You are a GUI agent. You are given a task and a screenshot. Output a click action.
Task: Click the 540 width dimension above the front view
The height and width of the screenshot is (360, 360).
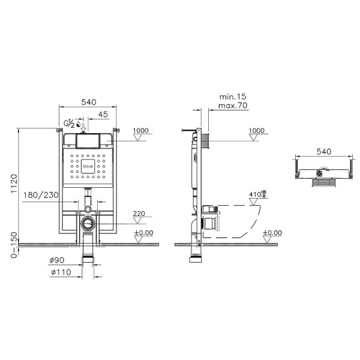point(88,102)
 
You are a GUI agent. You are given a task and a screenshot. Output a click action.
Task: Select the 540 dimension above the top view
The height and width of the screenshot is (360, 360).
point(323,152)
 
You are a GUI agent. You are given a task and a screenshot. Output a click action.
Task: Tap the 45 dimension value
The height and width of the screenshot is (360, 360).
point(103,114)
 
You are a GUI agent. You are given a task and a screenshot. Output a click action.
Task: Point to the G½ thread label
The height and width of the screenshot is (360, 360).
point(70,123)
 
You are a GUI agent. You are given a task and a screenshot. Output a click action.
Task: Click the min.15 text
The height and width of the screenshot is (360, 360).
point(233,96)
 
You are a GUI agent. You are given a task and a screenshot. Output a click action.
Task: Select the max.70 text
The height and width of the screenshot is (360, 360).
point(233,106)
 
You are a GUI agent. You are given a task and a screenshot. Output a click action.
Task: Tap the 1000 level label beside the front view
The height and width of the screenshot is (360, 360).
point(140,130)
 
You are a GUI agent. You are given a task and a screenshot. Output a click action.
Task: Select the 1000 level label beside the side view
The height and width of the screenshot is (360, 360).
point(256,130)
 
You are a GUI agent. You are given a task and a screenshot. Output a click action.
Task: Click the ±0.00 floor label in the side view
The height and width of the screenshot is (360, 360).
point(272,233)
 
